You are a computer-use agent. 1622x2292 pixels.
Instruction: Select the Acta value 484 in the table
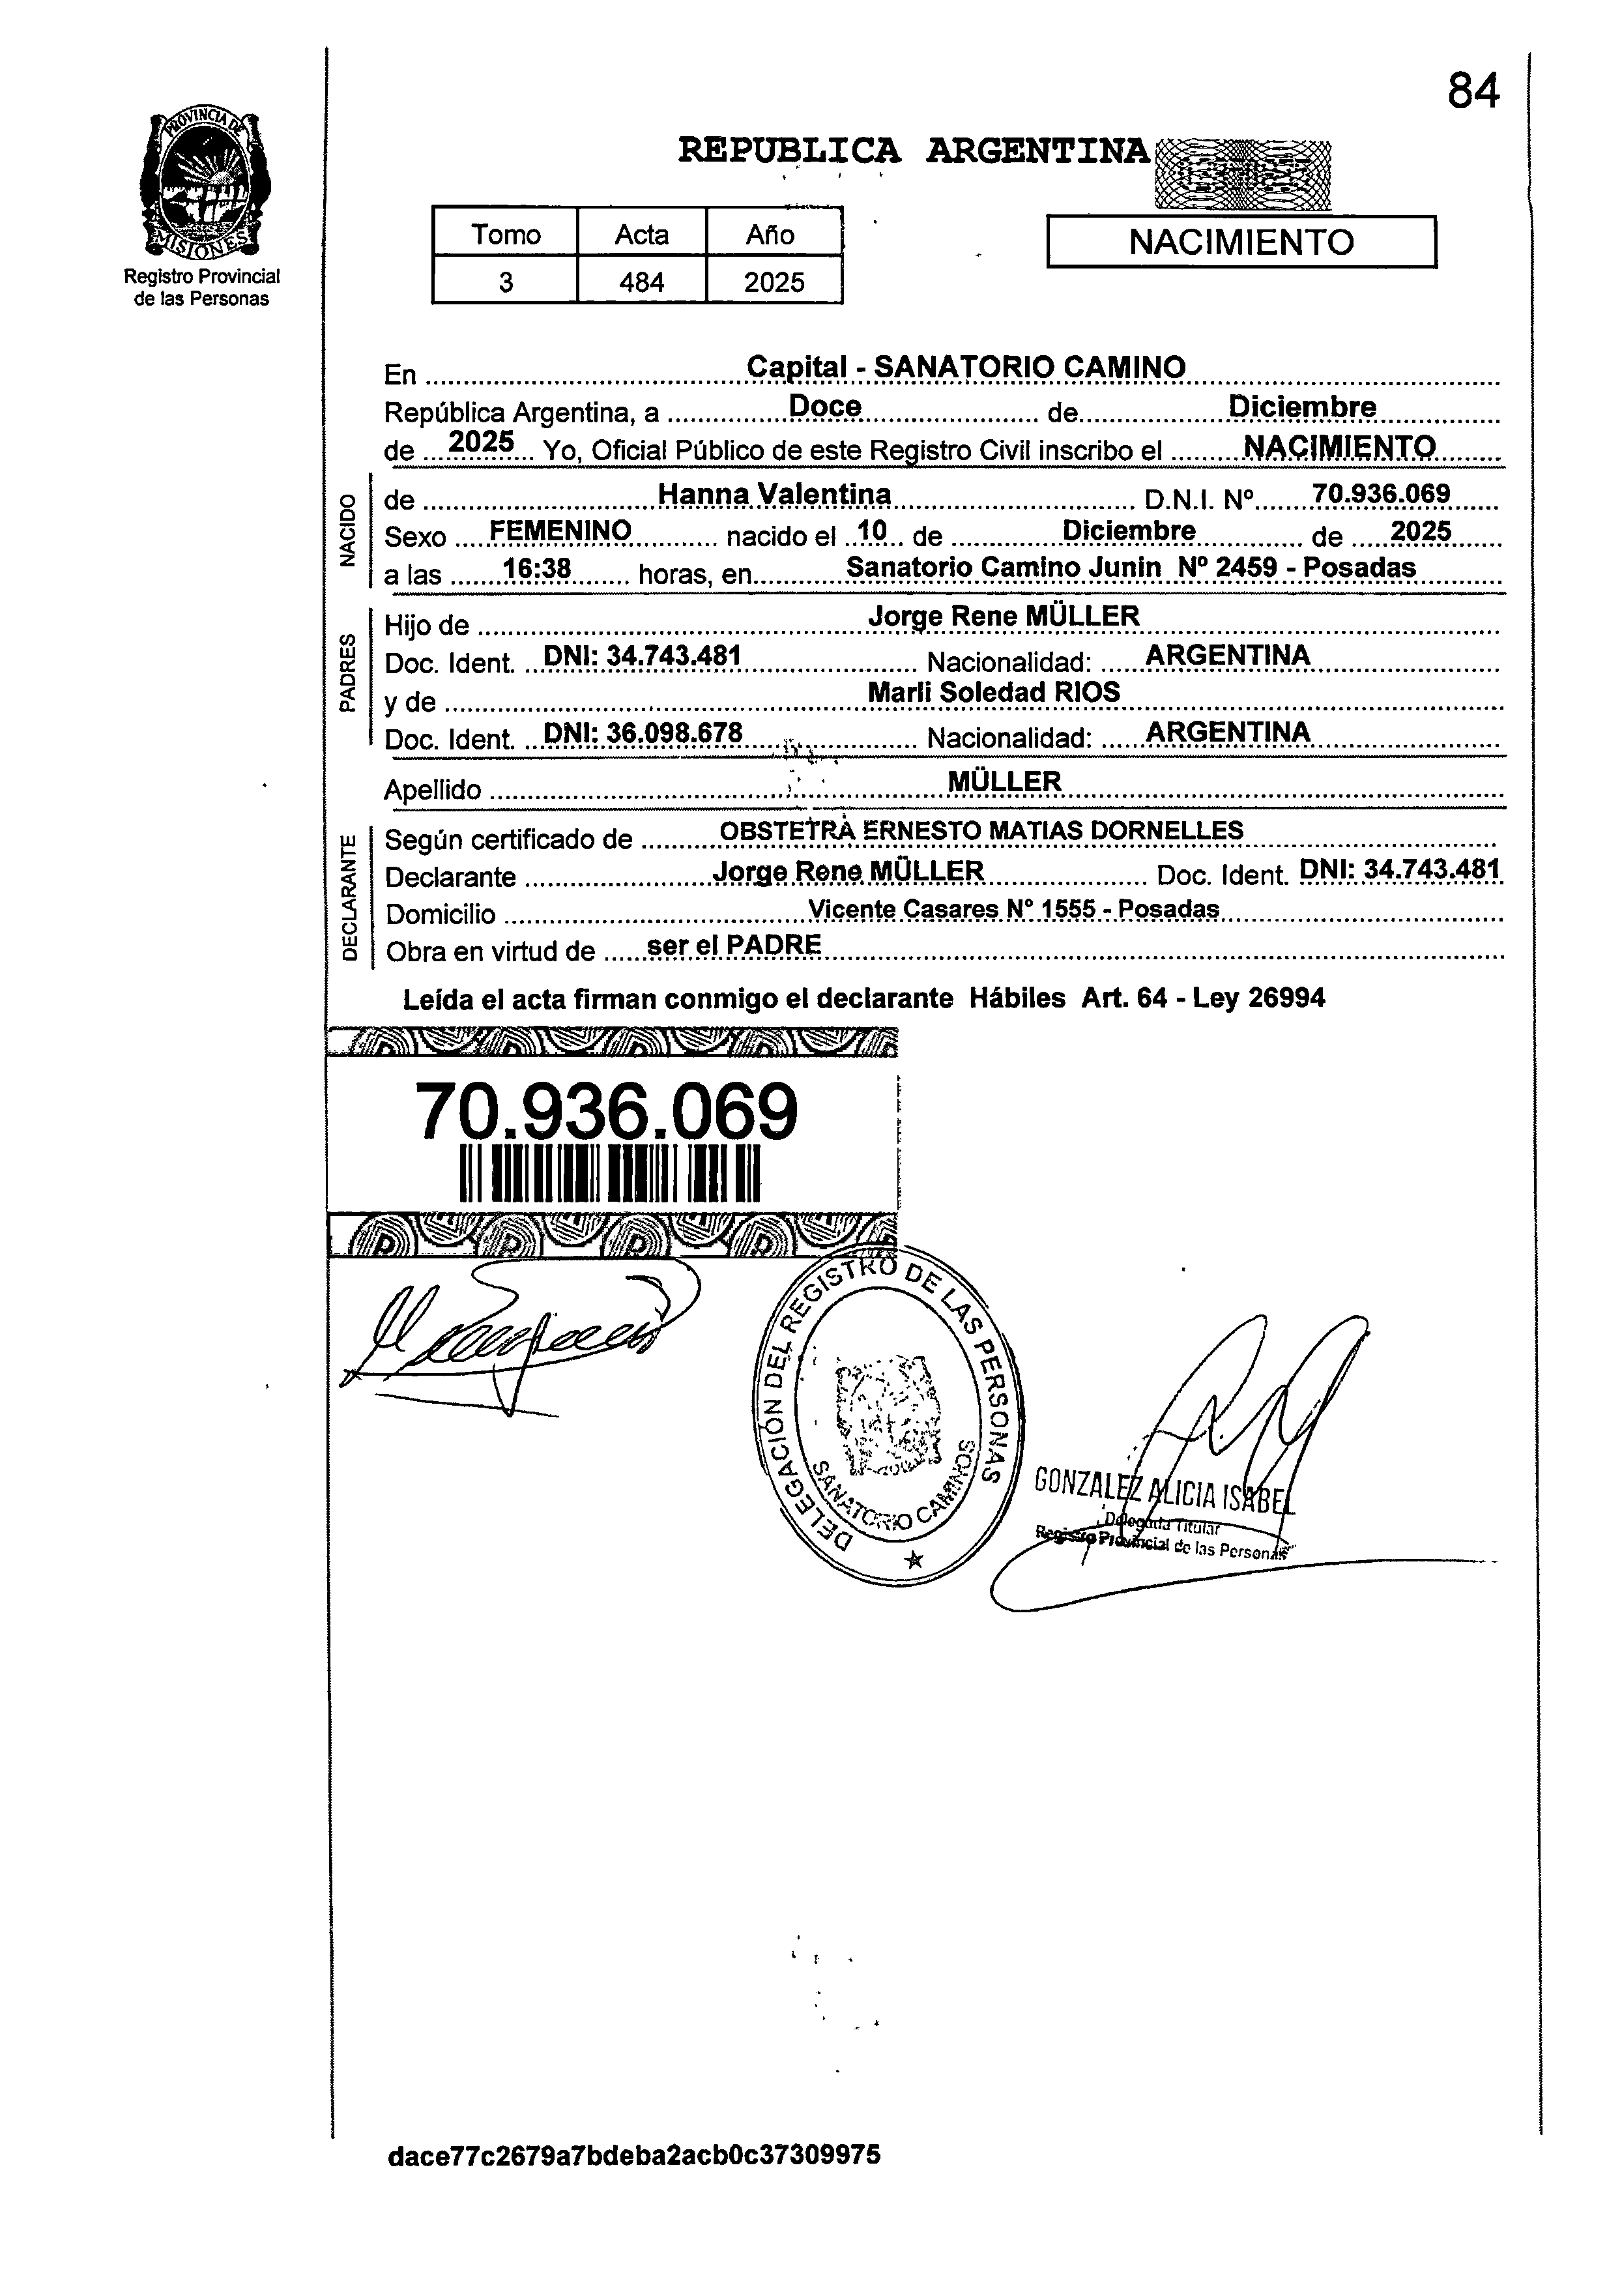(x=641, y=283)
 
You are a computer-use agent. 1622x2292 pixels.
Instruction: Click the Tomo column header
(x=506, y=235)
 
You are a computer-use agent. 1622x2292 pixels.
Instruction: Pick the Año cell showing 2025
(x=774, y=283)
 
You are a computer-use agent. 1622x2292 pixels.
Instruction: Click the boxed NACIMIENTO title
(x=1241, y=242)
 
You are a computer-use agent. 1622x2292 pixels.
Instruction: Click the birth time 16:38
(x=536, y=570)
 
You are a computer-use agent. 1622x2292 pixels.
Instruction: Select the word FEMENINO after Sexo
(x=560, y=530)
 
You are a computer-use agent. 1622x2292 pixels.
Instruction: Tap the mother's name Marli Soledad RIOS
(x=994, y=692)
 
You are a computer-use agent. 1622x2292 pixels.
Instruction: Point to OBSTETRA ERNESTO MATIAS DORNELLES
(x=982, y=831)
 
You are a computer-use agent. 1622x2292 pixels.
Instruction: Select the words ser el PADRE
(x=734, y=945)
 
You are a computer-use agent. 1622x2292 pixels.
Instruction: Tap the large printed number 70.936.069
(x=606, y=1112)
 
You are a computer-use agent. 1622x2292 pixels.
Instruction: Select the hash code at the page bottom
(x=634, y=2182)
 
